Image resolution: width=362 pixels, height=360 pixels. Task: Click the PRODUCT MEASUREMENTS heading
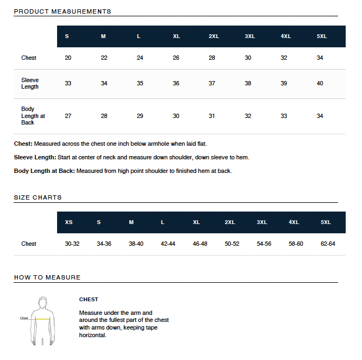pyautogui.click(x=63, y=11)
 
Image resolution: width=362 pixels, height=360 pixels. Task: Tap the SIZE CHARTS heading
pyautogui.click(x=38, y=197)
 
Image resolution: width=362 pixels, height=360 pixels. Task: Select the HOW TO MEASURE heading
pyautogui.click(x=47, y=277)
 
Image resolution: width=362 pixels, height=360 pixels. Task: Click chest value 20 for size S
pyautogui.click(x=68, y=58)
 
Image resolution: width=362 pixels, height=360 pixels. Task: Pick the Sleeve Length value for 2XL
pyautogui.click(x=212, y=83)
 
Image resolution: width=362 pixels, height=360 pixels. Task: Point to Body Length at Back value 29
pyautogui.click(x=140, y=116)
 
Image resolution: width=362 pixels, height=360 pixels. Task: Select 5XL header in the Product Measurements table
pyautogui.click(x=322, y=36)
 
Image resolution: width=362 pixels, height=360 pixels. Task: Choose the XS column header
pyautogui.click(x=68, y=222)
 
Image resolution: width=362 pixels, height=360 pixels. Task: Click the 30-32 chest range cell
pyautogui.click(x=72, y=244)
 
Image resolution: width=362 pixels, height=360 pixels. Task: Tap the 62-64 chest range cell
pyautogui.click(x=328, y=244)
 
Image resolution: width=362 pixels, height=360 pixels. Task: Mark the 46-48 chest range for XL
pyautogui.click(x=200, y=244)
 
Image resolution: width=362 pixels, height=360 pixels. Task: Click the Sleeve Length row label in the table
pyautogui.click(x=30, y=83)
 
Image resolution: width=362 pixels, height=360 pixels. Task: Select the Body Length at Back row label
pyautogui.click(x=33, y=116)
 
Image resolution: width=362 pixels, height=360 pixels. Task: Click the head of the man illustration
pyautogui.click(x=42, y=301)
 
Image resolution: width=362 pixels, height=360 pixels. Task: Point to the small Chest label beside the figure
pyautogui.click(x=24, y=318)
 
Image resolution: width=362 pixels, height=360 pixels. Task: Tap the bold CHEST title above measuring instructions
pyautogui.click(x=89, y=299)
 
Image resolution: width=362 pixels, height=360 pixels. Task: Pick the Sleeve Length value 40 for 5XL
pyautogui.click(x=320, y=83)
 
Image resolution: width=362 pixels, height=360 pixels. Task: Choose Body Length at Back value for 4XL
pyautogui.click(x=284, y=116)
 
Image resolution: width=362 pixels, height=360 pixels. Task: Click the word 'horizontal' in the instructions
pyautogui.click(x=92, y=335)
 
